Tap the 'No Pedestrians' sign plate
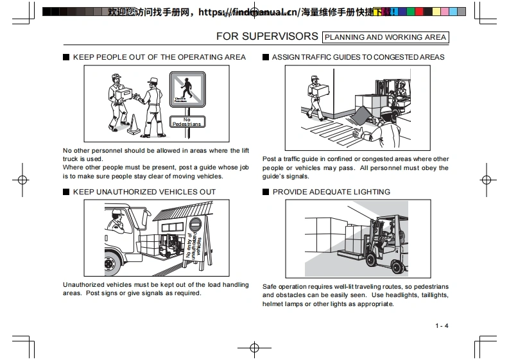(x=187, y=122)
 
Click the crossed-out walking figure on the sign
(x=187, y=89)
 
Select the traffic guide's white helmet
(x=386, y=110)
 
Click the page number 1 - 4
(x=442, y=325)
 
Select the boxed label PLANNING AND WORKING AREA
(x=385, y=37)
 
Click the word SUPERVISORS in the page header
(x=286, y=37)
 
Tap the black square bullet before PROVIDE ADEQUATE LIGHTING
(x=266, y=192)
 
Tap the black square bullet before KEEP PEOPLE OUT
(x=66, y=57)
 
